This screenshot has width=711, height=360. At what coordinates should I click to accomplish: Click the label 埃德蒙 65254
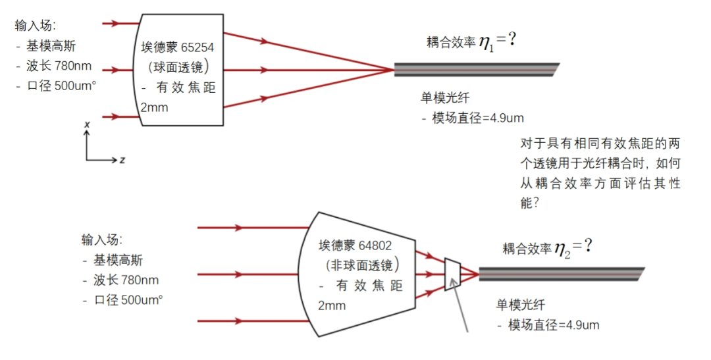pos(177,47)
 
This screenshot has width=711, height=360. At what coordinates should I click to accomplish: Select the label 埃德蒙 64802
pos(355,245)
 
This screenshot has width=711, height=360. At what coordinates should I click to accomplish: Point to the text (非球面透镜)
pos(362,265)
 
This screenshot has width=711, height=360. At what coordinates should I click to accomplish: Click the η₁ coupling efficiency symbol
pos(487,45)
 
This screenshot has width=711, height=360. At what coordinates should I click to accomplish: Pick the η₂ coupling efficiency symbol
pos(563,251)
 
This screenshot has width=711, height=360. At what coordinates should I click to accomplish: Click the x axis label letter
pos(87,124)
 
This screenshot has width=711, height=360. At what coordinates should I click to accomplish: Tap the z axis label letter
pos(122,160)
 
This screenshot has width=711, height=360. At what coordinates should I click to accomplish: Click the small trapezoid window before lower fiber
pos(452,274)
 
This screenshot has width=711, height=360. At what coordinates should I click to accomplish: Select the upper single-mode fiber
pos(476,70)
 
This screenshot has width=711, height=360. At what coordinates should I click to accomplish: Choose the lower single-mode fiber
pos(562,274)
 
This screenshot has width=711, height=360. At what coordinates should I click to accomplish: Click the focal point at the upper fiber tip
pos(394,70)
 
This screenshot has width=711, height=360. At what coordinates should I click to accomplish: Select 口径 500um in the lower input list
pos(128,299)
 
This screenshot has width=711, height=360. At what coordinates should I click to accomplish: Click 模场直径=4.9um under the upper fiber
pos(478,118)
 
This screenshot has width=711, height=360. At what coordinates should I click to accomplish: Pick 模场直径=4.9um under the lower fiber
pos(554,325)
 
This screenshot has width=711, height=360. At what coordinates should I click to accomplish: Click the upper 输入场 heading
pos(35,26)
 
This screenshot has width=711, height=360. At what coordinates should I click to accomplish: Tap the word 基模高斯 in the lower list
pos(118,260)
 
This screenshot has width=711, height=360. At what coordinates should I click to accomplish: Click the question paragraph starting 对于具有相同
pos(600,173)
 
